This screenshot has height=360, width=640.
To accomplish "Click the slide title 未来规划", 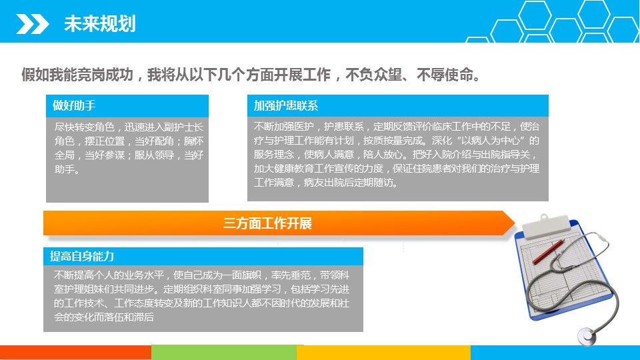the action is pos(99,24).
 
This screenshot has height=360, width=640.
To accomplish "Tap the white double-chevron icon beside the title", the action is pos(32,24).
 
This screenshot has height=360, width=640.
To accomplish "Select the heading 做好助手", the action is pos(74,106).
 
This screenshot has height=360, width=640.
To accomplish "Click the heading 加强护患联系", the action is pos(286,106).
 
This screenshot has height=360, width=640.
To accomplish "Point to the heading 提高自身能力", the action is pos(81,256).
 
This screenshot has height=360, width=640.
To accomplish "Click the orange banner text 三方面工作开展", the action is pos(267,223).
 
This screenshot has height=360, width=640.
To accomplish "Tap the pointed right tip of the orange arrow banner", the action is pos(515,223).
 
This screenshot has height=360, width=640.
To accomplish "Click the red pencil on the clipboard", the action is pos(548,252).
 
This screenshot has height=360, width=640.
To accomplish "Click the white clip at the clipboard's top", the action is pos(546,226).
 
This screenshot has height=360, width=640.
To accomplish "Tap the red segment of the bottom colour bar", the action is pos(75,353).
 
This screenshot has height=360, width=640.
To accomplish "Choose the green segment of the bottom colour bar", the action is pos(224,353).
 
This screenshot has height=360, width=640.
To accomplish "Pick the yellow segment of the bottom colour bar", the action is pos(384,353).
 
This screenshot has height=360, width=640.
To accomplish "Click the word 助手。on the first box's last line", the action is pos(67,169).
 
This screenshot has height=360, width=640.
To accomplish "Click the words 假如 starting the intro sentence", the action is pos(35,75).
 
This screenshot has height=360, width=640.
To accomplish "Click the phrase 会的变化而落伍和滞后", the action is pos(104,317).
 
